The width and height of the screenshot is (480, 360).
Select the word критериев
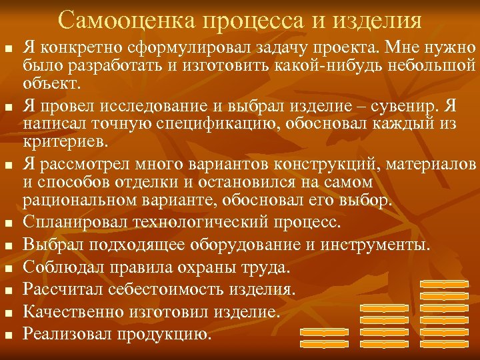pyautogui.click(x=64, y=143)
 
